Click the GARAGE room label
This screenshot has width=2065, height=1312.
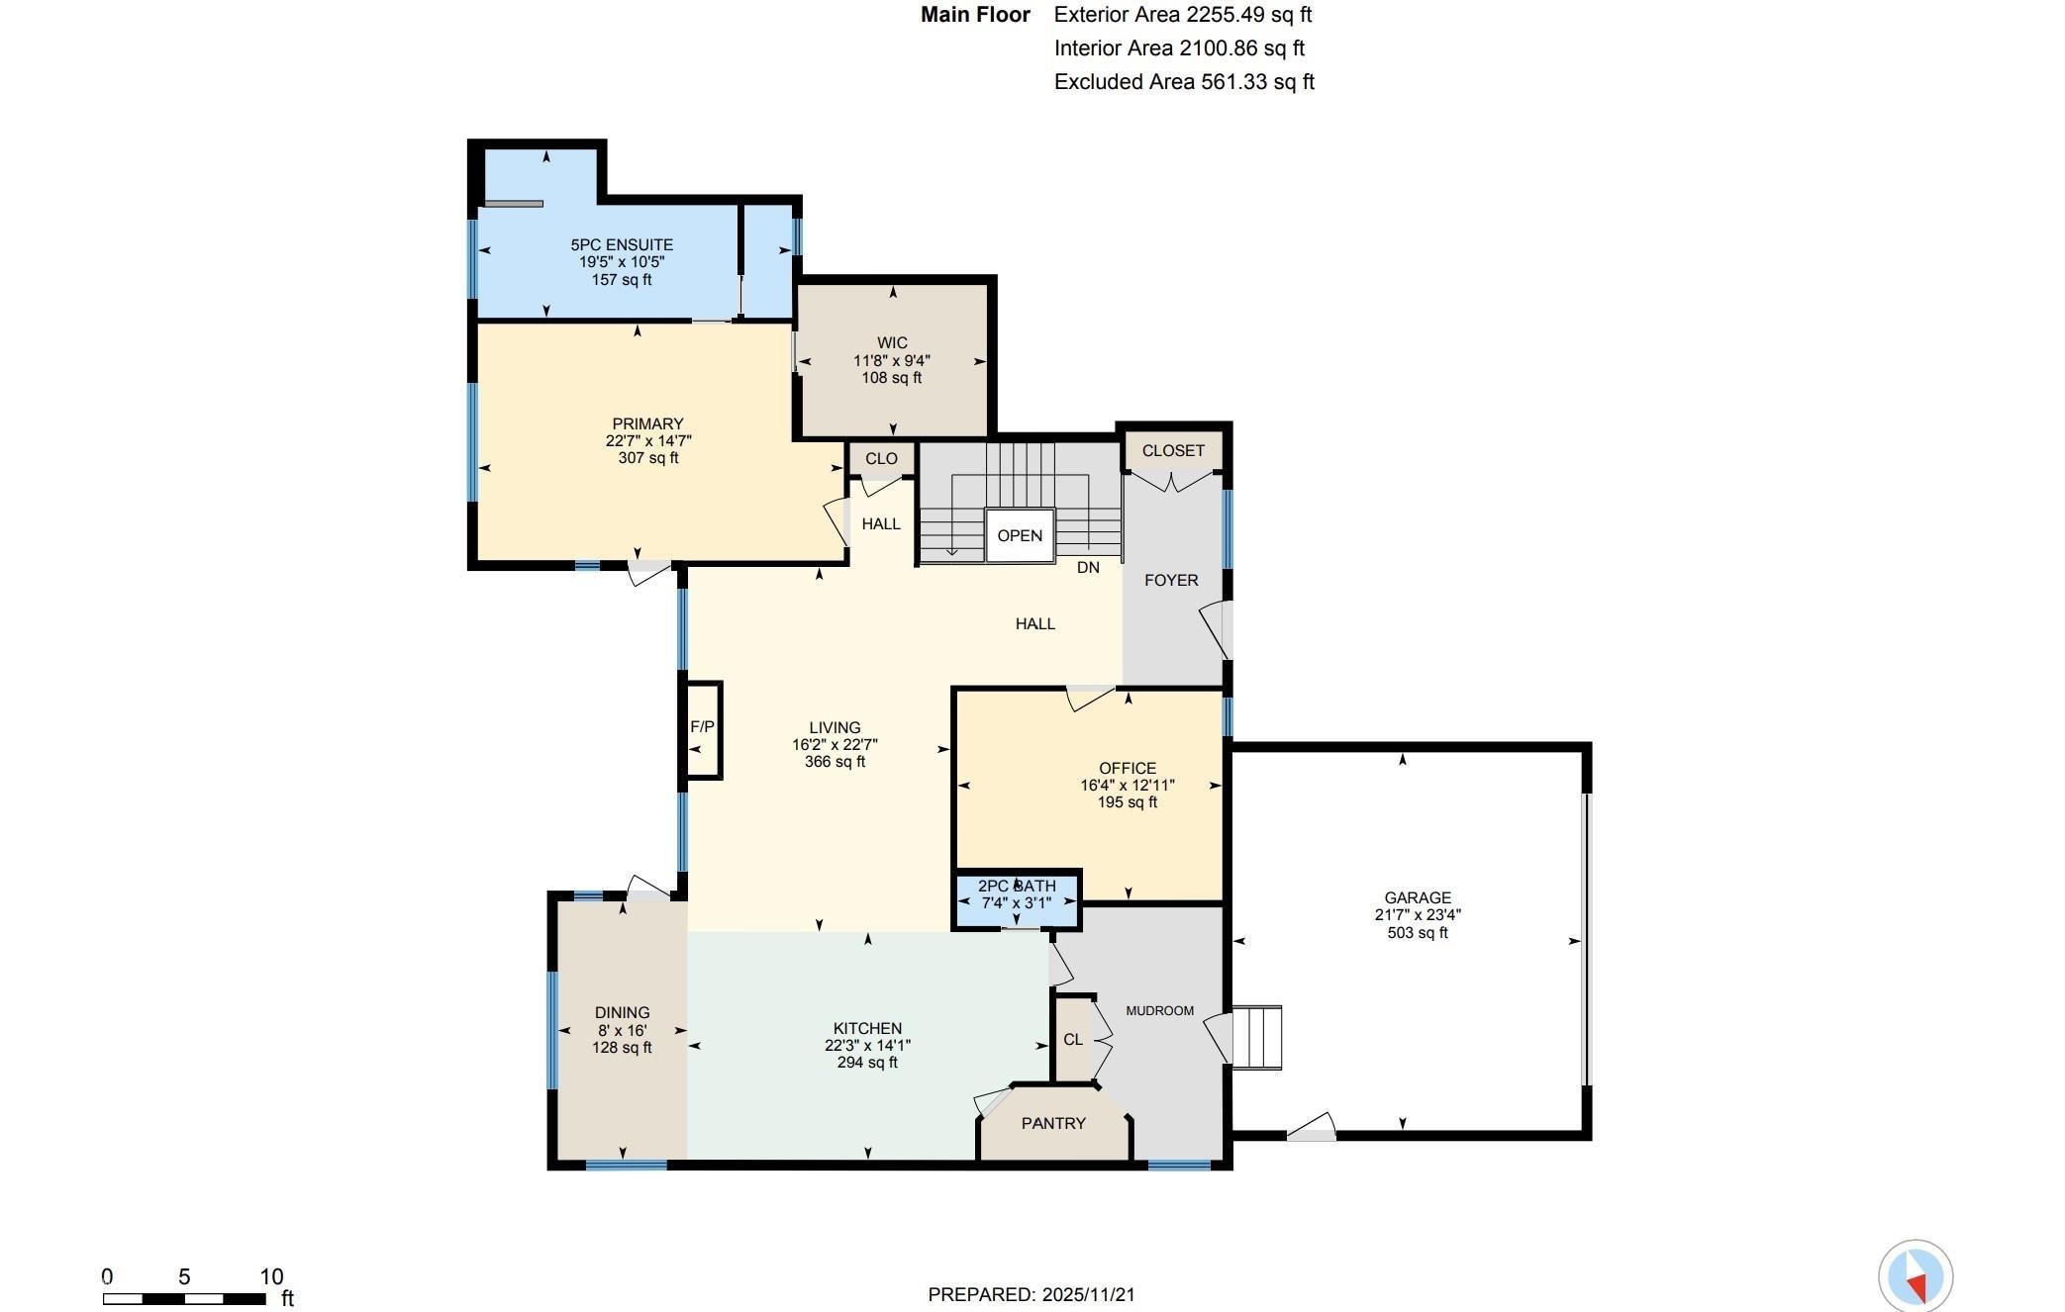[1418, 898]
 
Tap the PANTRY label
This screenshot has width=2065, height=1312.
[1053, 1123]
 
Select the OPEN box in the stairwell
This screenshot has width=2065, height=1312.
[1020, 535]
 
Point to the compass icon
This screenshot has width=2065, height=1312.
[1916, 1276]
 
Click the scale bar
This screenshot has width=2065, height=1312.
[184, 1299]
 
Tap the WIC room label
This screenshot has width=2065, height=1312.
[892, 343]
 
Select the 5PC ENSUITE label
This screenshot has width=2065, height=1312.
[622, 244]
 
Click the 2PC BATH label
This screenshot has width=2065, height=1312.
[1017, 886]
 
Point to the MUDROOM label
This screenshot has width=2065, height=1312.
[1160, 1010]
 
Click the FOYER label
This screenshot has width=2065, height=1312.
[1171, 580]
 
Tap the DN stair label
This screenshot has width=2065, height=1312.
[1088, 567]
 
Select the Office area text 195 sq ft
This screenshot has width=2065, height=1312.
[1128, 802]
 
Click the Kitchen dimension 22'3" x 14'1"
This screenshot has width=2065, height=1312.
[867, 1045]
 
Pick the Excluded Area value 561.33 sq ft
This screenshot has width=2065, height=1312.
[1257, 82]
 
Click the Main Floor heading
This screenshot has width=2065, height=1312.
[975, 15]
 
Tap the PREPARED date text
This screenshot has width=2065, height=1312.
[1032, 1294]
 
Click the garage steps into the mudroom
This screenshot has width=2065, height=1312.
[1257, 1037]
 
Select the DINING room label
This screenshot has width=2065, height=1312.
[622, 1012]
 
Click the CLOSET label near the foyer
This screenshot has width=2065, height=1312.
[1173, 450]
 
